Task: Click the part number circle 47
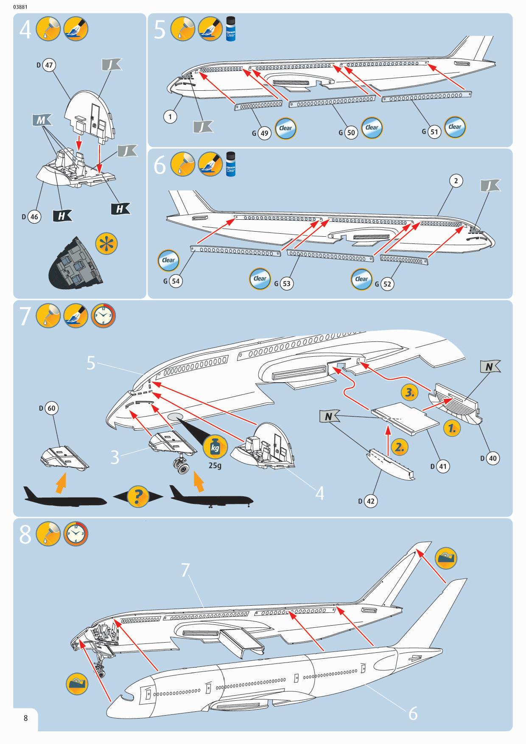pos(49,65)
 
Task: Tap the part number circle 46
pos(34,217)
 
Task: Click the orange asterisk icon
pos(106,244)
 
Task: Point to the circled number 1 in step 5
pos(170,116)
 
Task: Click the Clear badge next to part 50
pos(372,127)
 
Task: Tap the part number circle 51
pos(434,131)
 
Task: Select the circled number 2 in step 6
pos(456,181)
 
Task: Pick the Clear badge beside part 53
pos(260,279)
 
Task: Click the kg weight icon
pos(215,447)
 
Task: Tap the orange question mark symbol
pos(138,496)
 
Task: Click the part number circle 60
pos(51,408)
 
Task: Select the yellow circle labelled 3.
pos(410,393)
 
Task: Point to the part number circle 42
pos(371,501)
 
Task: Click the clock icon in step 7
pos(103,316)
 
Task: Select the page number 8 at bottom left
pos(26,718)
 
